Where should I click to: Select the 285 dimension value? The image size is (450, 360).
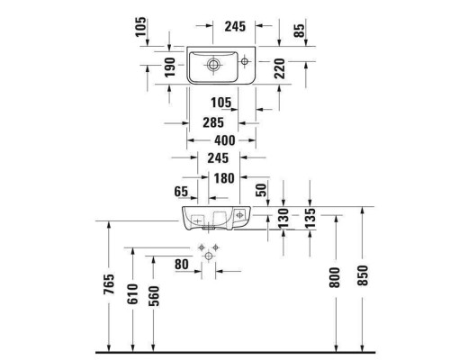(212, 122)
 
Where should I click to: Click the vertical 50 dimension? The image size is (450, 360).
(260, 191)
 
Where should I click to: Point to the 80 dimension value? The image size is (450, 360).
(182, 265)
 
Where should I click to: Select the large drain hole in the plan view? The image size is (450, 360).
(213, 64)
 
